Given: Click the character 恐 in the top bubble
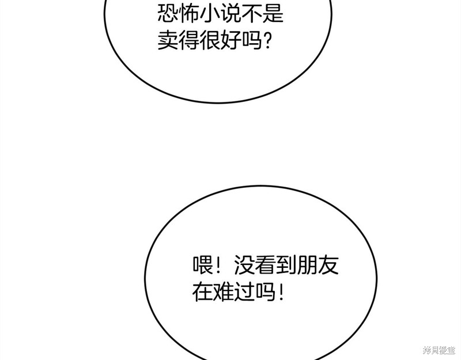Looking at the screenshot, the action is coord(168,14).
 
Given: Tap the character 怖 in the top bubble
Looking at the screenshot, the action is coord(189,14).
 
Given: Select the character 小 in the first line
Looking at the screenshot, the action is coord(210,14).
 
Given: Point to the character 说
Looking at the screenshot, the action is coord(231,14).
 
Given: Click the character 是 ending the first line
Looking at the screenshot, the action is coord(273,14).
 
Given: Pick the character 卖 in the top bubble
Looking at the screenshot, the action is coord(168,40).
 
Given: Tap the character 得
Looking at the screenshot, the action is coord(189,40).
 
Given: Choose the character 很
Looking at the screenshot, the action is coord(210,40).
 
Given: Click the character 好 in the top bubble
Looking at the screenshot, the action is coord(231,40).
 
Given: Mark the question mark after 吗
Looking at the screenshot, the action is coord(267,40).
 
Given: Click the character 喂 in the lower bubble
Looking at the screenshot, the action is coord(203,266).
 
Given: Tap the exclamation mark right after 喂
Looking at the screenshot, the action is coord(218,266).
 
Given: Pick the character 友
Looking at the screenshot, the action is coord(328,266).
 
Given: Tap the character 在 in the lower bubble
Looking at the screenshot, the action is coord(203,292).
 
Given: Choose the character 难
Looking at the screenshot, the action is coord(224,292).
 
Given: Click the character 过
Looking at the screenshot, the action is coord(244,292).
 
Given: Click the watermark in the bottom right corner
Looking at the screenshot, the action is coord(439,350).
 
